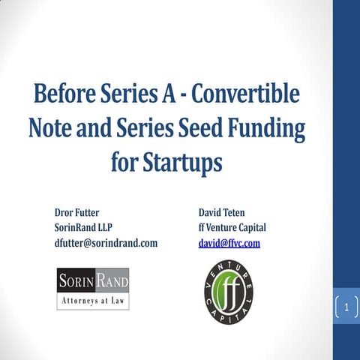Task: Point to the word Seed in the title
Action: pos(201,128)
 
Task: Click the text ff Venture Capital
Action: pos(232,228)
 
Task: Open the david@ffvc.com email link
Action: pos(229,243)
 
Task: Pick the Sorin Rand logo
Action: pos(93,289)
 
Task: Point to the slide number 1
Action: pos(346,307)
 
